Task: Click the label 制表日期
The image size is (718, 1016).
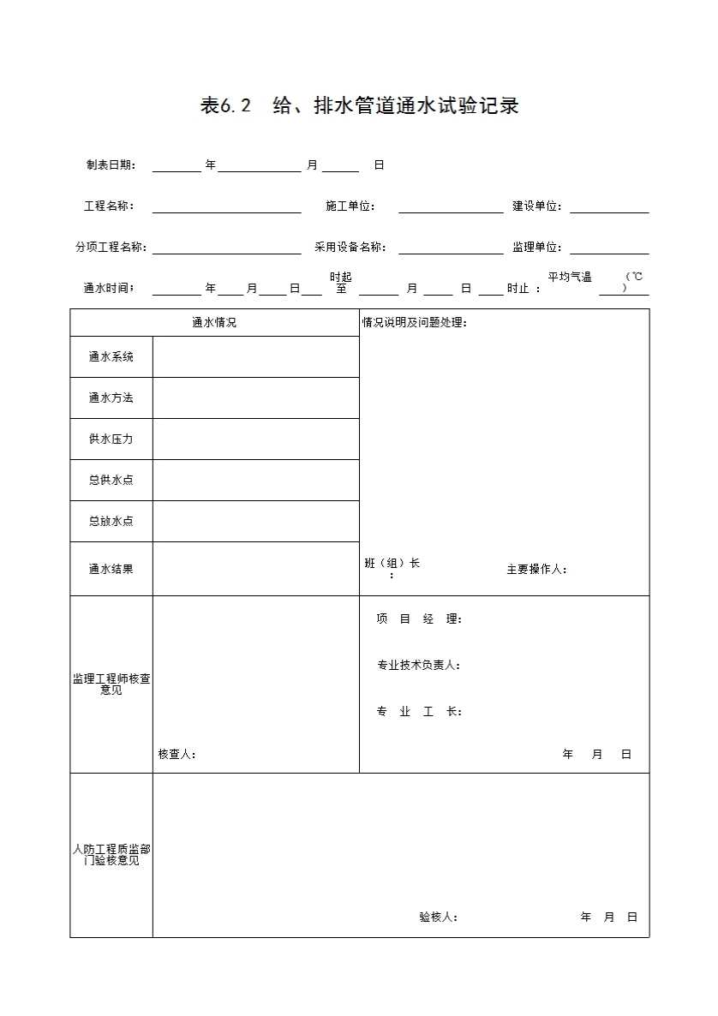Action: click(110, 165)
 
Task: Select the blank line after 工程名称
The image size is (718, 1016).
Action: click(226, 206)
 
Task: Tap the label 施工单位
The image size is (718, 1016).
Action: click(350, 206)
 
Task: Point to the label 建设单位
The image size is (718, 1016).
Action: click(537, 206)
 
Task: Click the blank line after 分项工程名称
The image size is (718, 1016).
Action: click(226, 248)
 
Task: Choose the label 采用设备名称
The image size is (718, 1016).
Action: click(350, 248)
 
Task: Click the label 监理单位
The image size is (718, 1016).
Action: click(537, 248)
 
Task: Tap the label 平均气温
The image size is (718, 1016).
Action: click(570, 278)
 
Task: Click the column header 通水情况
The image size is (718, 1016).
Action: click(214, 323)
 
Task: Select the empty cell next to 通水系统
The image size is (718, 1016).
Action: click(255, 357)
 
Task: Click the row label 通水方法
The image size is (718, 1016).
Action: click(111, 398)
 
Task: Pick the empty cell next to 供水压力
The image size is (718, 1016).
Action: click(255, 439)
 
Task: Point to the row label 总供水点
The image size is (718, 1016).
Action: click(111, 481)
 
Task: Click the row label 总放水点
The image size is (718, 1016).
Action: click(111, 522)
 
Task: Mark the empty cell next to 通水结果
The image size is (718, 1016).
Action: click(255, 569)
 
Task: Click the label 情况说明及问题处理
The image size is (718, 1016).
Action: click(415, 323)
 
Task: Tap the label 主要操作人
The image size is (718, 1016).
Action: click(536, 570)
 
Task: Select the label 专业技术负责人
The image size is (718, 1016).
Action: click(419, 666)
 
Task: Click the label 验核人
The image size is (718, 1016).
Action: click(438, 917)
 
